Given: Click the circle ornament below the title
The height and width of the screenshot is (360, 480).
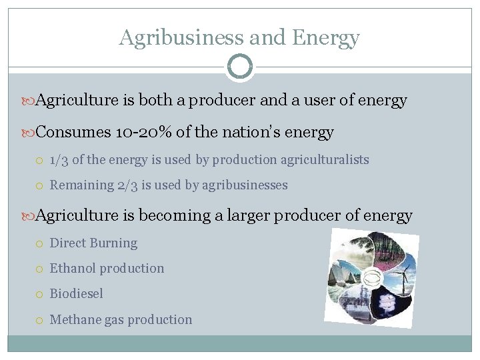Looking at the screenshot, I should coord(239,67).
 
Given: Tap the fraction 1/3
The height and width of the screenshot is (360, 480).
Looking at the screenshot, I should coord(59,160).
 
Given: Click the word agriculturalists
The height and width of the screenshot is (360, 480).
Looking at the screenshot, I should coord(321,160).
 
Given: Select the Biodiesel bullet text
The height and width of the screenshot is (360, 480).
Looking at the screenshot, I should coord(77,294).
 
